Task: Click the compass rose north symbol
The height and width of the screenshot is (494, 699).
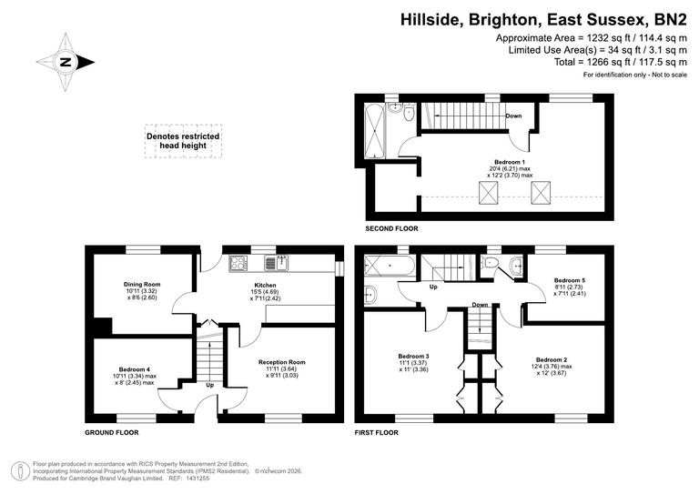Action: pyautogui.click(x=66, y=63)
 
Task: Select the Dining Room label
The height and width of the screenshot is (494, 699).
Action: pyautogui.click(x=141, y=285)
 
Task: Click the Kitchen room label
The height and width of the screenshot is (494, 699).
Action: pyautogui.click(x=265, y=285)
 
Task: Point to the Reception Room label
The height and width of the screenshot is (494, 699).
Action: pyautogui.click(x=281, y=362)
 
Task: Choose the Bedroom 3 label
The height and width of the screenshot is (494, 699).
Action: pyautogui.click(x=413, y=355)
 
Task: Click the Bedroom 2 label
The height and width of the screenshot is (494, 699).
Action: pyautogui.click(x=552, y=359)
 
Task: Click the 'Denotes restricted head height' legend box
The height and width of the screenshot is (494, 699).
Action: pyautogui.click(x=183, y=143)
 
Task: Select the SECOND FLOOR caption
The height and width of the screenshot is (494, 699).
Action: pyautogui.click(x=393, y=228)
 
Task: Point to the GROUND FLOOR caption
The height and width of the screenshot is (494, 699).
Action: pyautogui.click(x=112, y=433)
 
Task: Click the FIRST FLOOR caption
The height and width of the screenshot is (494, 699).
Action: pyautogui.click(x=379, y=433)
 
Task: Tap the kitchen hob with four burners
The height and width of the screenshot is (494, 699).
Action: pyautogui.click(x=238, y=264)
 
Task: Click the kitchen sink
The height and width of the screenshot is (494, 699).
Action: pyautogui.click(x=276, y=264)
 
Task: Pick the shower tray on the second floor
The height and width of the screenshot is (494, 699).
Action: pyautogui.click(x=375, y=130)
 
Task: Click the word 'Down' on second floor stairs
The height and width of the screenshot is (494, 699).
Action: pyautogui.click(x=513, y=116)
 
